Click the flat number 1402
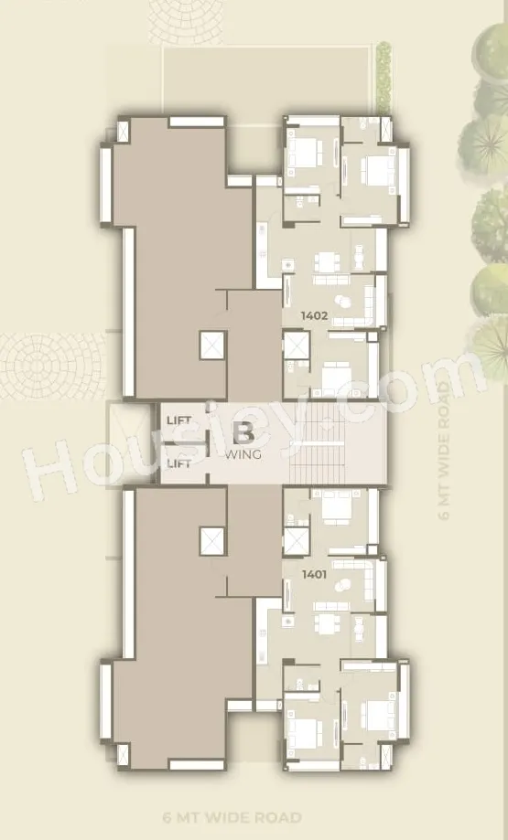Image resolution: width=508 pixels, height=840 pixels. pos(314,315)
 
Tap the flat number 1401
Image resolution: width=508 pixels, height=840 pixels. pos(314,575)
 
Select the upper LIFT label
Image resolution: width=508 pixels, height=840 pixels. pos(178,420)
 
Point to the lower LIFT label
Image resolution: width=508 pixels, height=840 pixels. pos(178,463)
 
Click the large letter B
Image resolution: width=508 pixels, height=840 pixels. pos(244,433)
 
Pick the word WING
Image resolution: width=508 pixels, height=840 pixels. pos(243,455)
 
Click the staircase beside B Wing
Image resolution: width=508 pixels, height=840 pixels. pos(317,443)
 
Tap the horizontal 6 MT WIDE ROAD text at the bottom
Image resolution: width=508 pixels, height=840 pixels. pos(232,817)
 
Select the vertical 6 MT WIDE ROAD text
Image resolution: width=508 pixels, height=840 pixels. pos(443,450)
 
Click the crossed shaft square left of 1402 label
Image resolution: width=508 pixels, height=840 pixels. pos(297,346)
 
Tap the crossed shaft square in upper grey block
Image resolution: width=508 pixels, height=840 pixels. pos(212,346)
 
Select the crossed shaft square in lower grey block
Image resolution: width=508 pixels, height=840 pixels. pos(212,541)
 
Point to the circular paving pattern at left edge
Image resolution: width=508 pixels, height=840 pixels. pos(52,367)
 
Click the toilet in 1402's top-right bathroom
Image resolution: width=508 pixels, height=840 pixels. pos(362,123)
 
